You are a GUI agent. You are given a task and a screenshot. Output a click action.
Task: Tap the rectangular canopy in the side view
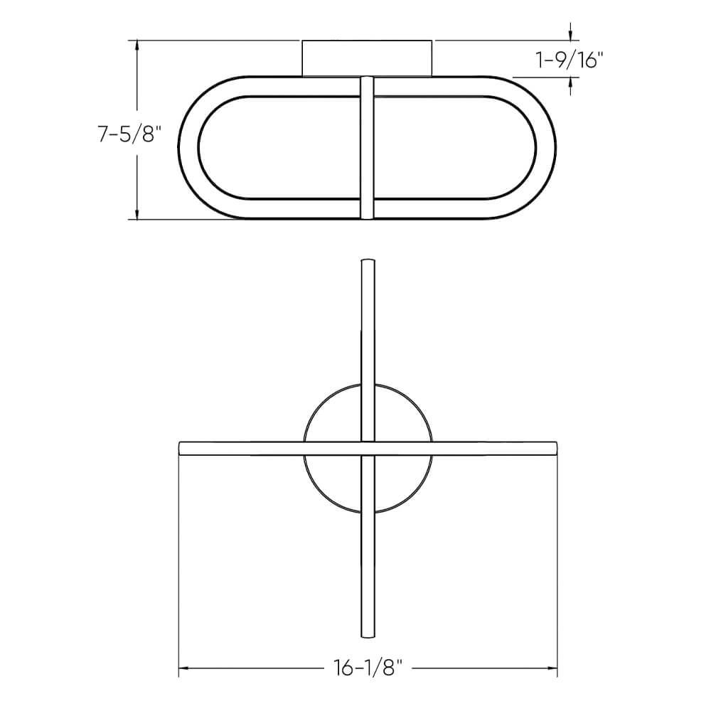click(367, 57)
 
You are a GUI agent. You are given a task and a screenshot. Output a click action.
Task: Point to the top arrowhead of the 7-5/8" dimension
click(137, 45)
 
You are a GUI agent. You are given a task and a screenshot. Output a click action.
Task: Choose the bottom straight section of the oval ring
click(284, 209)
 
